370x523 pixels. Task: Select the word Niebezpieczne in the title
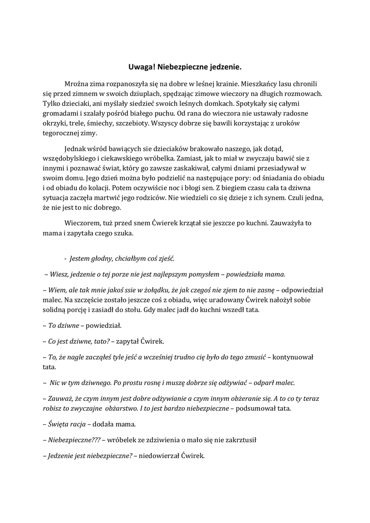click(x=180, y=67)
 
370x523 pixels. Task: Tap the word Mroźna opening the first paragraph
click(x=78, y=83)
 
